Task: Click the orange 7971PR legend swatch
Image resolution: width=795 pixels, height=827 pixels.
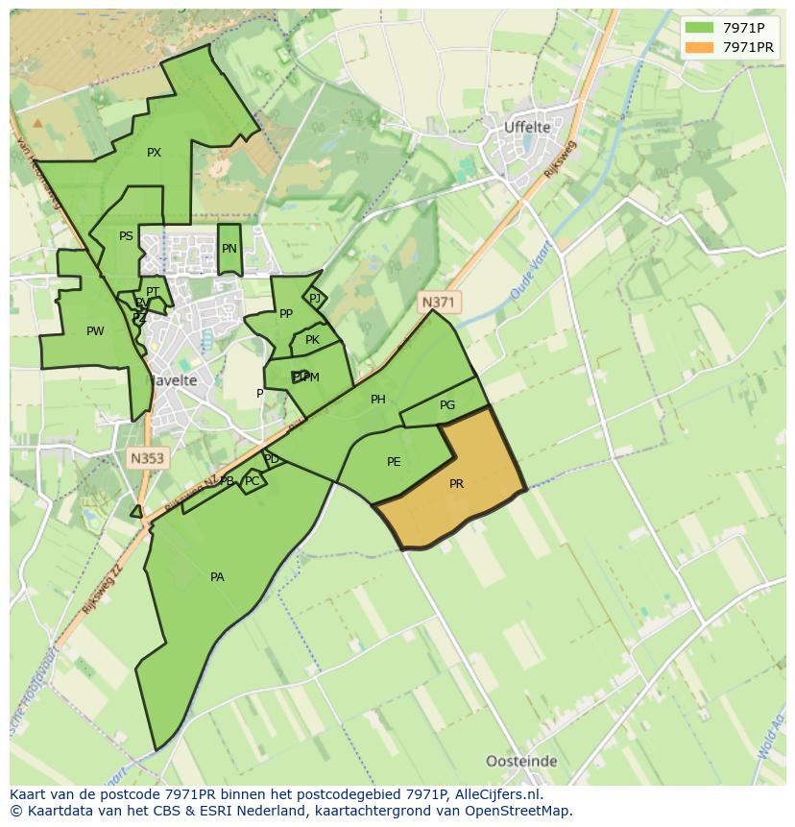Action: (x=700, y=47)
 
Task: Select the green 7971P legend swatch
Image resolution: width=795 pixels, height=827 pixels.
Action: (x=700, y=27)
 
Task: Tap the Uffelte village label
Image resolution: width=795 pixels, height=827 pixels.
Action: (x=527, y=127)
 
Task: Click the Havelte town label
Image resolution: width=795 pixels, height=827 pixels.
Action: (x=172, y=380)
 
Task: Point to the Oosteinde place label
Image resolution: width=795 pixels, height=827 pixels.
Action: (x=521, y=762)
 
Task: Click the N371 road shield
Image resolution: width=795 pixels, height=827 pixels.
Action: (x=439, y=303)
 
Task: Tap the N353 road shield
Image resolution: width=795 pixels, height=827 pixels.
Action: (x=147, y=458)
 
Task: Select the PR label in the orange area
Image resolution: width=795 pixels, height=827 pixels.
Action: (x=456, y=484)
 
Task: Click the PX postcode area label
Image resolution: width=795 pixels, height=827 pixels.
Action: (x=154, y=153)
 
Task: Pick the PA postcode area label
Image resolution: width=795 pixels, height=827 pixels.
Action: (x=217, y=577)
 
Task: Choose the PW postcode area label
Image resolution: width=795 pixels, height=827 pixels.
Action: (x=95, y=331)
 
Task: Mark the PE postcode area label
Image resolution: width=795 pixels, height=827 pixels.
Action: (x=394, y=462)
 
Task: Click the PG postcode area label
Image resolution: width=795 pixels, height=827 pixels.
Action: (x=447, y=405)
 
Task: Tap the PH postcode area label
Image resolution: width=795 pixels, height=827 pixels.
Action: (x=378, y=400)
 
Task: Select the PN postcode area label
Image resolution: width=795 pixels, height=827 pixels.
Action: (x=229, y=249)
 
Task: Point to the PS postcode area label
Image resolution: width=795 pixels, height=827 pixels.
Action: (x=126, y=236)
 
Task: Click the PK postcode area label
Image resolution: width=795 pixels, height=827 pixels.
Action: (x=312, y=340)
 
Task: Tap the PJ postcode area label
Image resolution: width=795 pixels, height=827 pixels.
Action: (x=315, y=299)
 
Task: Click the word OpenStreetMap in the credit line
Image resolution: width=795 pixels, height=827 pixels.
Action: (x=520, y=811)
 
